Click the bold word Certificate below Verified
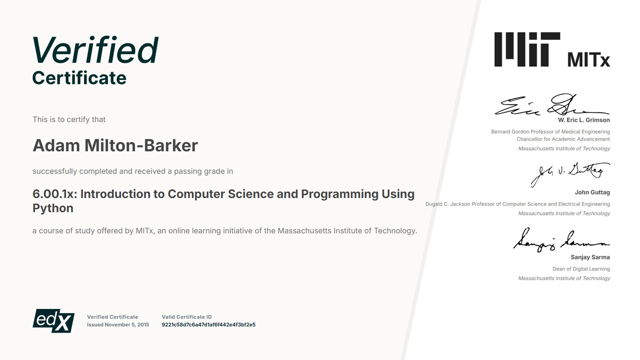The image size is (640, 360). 79,77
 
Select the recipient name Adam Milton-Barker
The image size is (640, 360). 115,145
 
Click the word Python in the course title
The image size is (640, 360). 53,208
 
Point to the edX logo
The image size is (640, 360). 53,320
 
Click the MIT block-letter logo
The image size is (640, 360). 527,49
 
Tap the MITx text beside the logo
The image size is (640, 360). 588,59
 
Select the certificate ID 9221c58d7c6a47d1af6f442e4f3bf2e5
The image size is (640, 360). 208,324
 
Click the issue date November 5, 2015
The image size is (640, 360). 127,324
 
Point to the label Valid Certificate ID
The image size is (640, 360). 186,317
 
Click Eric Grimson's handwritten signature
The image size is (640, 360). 552,104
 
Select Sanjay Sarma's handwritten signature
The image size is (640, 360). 561,239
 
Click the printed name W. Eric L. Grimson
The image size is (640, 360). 584,120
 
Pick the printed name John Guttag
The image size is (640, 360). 592,192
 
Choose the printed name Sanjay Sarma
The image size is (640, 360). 590,257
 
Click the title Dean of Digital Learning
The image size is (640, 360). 581,269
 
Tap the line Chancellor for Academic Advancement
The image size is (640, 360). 563,139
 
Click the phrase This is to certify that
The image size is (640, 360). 69,119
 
